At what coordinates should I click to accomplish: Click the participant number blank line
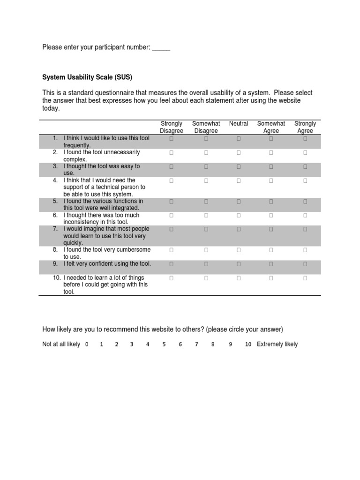(161, 47)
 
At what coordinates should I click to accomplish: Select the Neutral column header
(239, 124)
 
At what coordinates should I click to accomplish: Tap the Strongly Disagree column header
(171, 127)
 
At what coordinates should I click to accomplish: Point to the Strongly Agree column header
(305, 127)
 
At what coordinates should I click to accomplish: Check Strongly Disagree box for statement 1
(172, 139)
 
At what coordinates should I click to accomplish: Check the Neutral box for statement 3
(239, 166)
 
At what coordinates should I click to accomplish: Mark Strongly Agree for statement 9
(305, 264)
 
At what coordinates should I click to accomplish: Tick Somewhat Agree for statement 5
(271, 202)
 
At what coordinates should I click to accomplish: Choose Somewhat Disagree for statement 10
(206, 278)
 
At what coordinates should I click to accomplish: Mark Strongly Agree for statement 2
(305, 152)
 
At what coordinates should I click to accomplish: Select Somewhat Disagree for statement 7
(206, 229)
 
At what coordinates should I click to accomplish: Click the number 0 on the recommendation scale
(87, 345)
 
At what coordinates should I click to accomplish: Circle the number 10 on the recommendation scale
(248, 345)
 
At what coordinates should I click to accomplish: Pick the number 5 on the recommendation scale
(164, 345)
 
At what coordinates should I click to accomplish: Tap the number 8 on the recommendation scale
(213, 345)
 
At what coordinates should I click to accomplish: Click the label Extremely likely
(277, 345)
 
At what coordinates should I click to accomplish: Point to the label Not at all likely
(61, 345)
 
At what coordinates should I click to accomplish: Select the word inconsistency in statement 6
(81, 222)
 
